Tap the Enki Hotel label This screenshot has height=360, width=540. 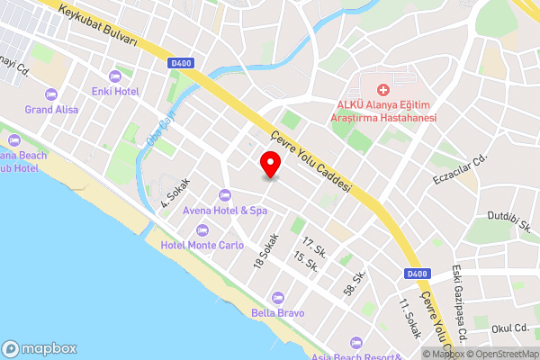(114, 91)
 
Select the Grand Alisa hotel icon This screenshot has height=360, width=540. (51, 94)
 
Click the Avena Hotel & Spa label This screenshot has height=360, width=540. (225, 211)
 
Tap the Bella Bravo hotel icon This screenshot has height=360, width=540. (278, 296)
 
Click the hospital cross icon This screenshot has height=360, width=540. (383, 90)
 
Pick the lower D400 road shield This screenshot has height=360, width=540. (416, 274)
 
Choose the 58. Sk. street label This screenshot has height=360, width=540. (354, 282)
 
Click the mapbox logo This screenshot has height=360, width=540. (40, 348)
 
